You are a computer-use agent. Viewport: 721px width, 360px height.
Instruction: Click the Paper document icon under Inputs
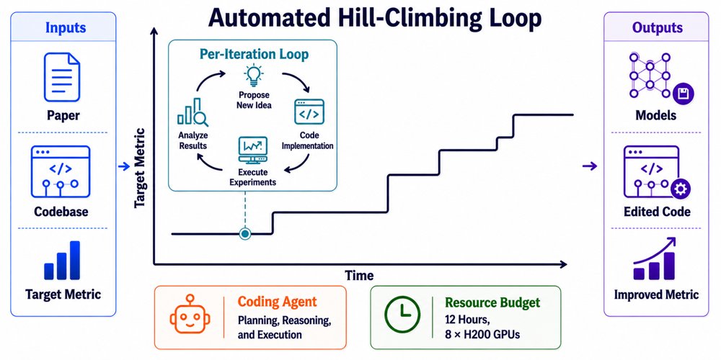(x=62, y=77)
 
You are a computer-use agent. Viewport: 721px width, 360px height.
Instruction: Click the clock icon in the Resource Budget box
(x=403, y=317)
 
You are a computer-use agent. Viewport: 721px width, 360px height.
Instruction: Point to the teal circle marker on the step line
(x=245, y=234)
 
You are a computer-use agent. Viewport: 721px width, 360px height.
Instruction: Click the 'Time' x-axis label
(x=359, y=276)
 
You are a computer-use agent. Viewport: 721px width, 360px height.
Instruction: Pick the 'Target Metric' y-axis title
(x=140, y=168)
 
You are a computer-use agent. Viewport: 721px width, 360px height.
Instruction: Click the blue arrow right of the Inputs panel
(x=123, y=167)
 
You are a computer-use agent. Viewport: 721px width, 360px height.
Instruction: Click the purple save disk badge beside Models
(x=684, y=94)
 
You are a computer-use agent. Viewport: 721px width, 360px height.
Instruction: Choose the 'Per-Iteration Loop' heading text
(x=255, y=54)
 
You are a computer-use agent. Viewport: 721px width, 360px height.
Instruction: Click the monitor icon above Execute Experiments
(x=252, y=150)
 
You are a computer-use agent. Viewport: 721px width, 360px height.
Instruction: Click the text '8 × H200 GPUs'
(x=482, y=334)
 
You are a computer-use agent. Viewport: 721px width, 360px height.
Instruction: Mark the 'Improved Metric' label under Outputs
(x=656, y=294)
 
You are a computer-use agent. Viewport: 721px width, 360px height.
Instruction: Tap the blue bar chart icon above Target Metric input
(x=62, y=260)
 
